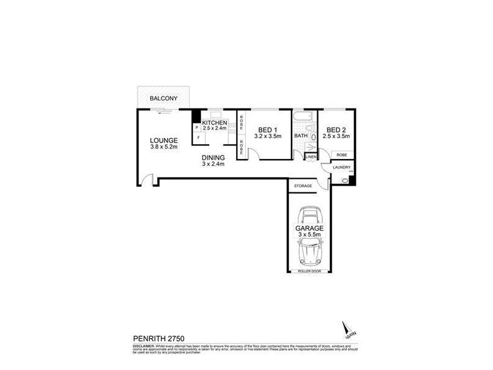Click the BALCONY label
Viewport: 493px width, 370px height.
[x=164, y=99]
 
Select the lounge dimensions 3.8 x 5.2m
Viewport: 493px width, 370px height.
[x=163, y=147]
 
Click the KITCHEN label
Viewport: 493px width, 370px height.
[x=214, y=122]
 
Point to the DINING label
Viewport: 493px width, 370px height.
[x=214, y=157]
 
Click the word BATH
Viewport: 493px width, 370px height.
[x=301, y=136]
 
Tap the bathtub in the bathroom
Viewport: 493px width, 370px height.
[x=304, y=117]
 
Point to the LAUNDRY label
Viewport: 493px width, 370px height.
[x=341, y=168]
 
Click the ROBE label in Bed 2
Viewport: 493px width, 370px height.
[x=342, y=155]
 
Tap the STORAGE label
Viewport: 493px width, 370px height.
[x=303, y=186]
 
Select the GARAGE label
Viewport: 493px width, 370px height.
[x=309, y=228]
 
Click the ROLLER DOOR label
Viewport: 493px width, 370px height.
[x=309, y=271]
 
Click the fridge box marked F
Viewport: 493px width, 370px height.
[x=198, y=138]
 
